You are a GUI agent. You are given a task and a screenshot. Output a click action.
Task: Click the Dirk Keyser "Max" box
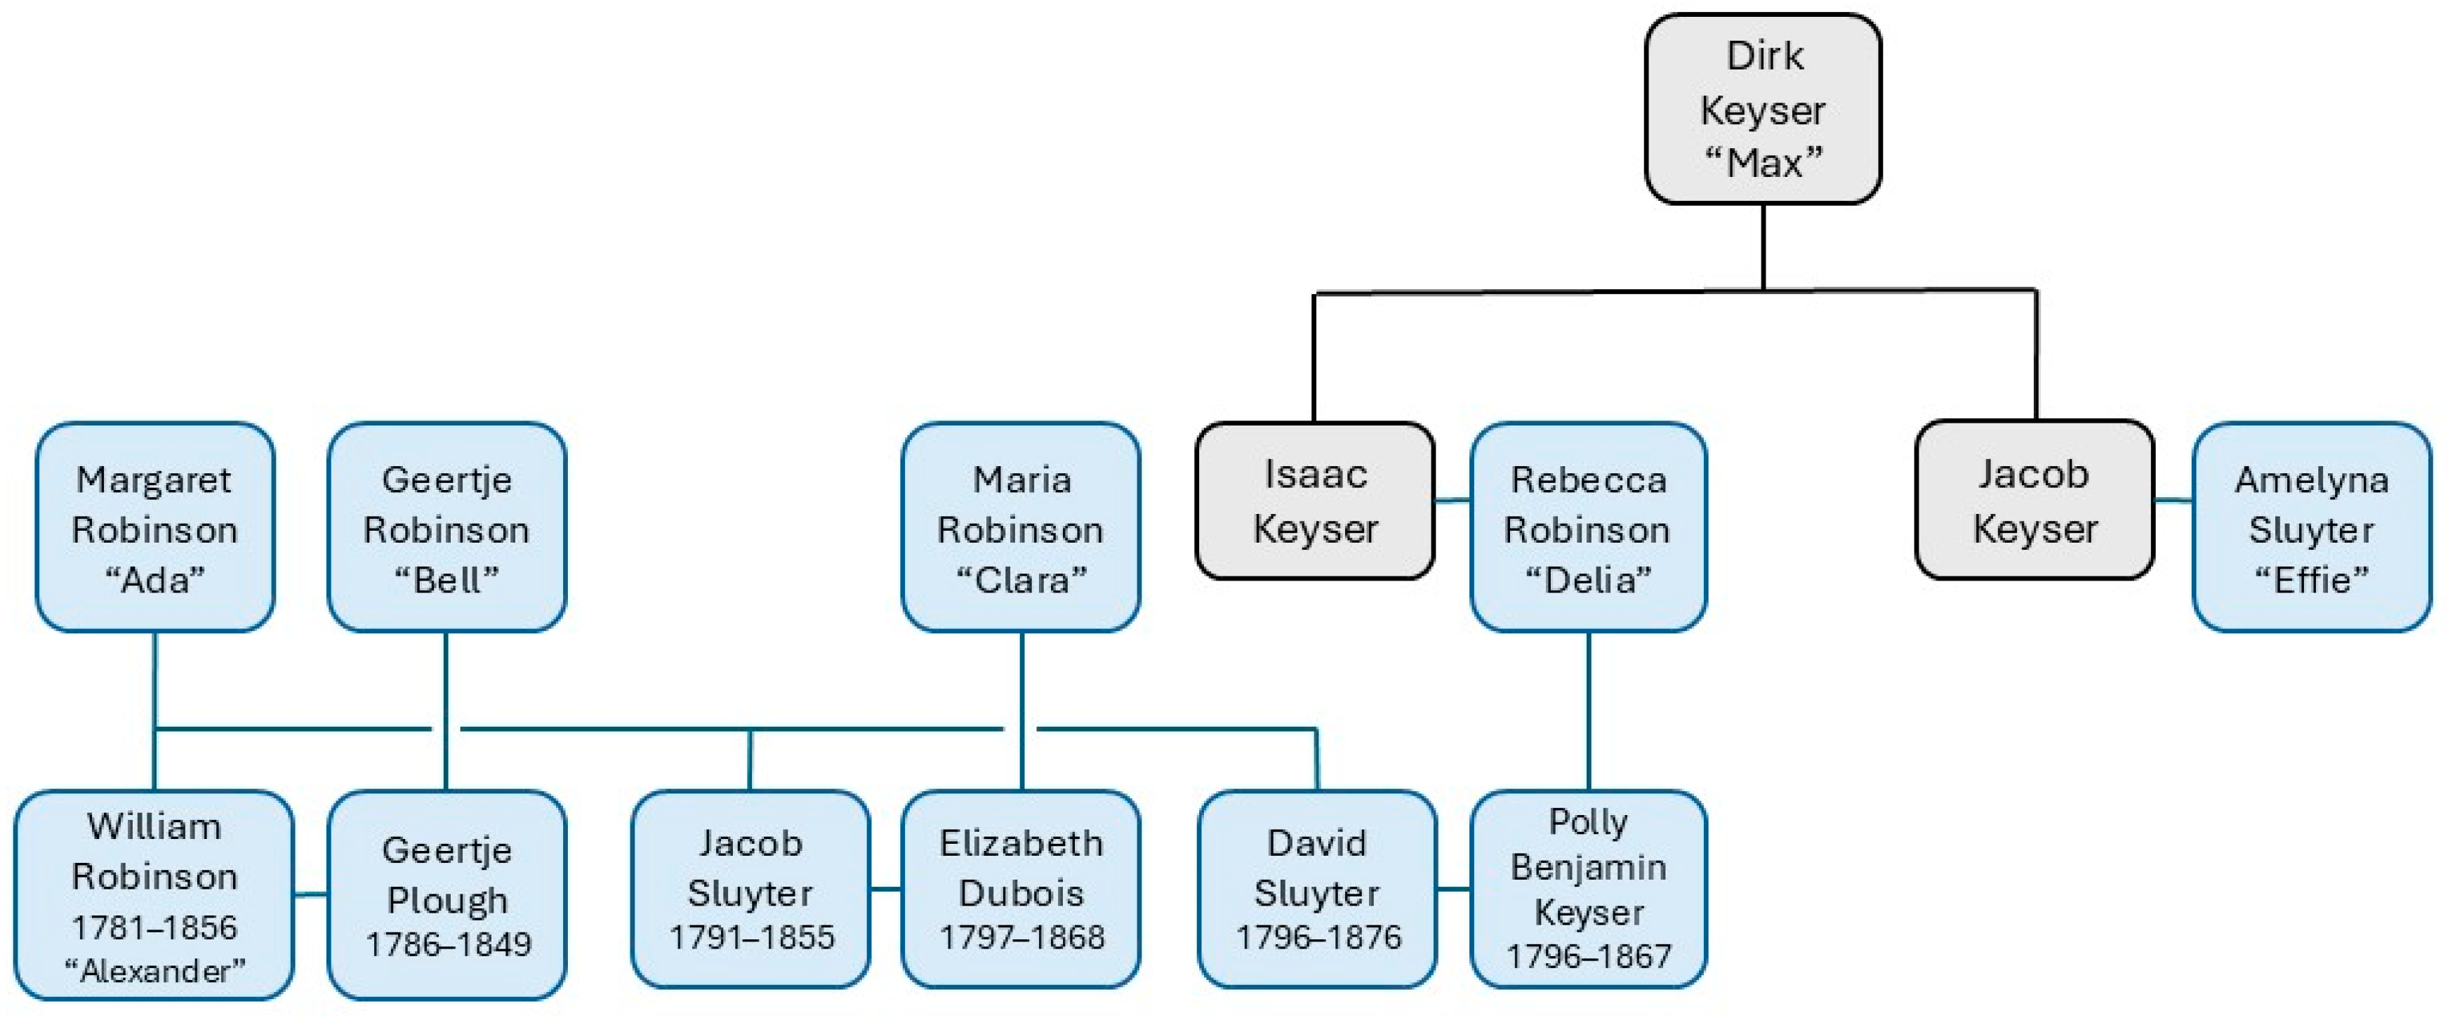coord(1763,108)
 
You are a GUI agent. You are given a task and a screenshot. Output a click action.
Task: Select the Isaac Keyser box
coord(1314,501)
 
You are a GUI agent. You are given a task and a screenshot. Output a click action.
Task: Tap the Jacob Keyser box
coord(2035,500)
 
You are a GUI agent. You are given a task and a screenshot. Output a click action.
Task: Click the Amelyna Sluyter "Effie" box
coord(2311,527)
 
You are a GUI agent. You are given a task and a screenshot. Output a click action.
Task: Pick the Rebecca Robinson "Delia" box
coord(1588,527)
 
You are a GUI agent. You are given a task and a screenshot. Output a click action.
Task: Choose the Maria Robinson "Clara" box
coord(1021,527)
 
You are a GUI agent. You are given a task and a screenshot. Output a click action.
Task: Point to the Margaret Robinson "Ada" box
coord(155,527)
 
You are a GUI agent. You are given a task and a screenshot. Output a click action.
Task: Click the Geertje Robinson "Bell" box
coord(446,527)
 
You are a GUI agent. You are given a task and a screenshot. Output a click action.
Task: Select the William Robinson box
coord(154,894)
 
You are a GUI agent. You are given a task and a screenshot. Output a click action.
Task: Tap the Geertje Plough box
coord(446,894)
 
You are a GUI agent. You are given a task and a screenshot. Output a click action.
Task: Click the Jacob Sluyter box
coord(750,890)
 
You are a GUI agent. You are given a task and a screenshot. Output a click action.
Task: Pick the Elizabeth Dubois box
coord(1021,890)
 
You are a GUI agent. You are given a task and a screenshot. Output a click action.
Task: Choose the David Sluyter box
coord(1317,890)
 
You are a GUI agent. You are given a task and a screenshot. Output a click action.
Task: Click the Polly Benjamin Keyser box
coord(1588,890)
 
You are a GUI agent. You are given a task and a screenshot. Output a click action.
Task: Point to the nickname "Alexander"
coord(154,970)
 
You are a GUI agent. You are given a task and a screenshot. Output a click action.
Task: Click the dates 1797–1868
coord(1021,937)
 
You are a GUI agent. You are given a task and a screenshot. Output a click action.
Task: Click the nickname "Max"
coord(1763,163)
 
